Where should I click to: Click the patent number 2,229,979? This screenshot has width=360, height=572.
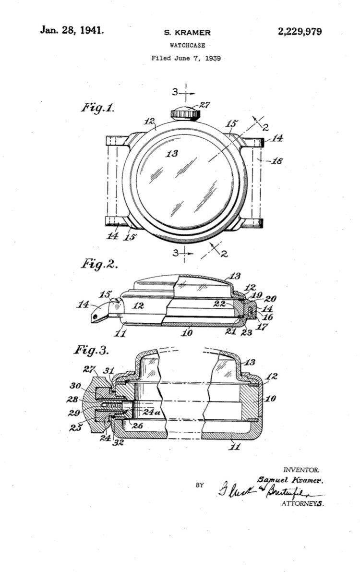300,32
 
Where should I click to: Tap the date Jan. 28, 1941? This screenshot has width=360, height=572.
72,30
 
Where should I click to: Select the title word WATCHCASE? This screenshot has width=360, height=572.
187,45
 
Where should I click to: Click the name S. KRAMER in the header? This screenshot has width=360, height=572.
187,33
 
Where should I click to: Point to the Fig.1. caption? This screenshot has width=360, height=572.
97,108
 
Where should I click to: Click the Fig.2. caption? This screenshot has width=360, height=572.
99,264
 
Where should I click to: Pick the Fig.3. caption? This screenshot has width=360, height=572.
92,350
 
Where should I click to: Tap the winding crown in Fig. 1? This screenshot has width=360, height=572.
185,113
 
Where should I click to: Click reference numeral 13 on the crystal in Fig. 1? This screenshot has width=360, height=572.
171,153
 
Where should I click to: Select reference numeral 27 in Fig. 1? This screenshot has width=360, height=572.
205,106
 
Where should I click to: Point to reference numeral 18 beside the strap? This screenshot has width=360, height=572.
277,161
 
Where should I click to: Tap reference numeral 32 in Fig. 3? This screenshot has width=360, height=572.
118,442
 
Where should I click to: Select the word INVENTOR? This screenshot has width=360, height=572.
301,470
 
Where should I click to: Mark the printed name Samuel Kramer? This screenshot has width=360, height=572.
290,480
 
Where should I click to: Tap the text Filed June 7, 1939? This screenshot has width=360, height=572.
186,58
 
